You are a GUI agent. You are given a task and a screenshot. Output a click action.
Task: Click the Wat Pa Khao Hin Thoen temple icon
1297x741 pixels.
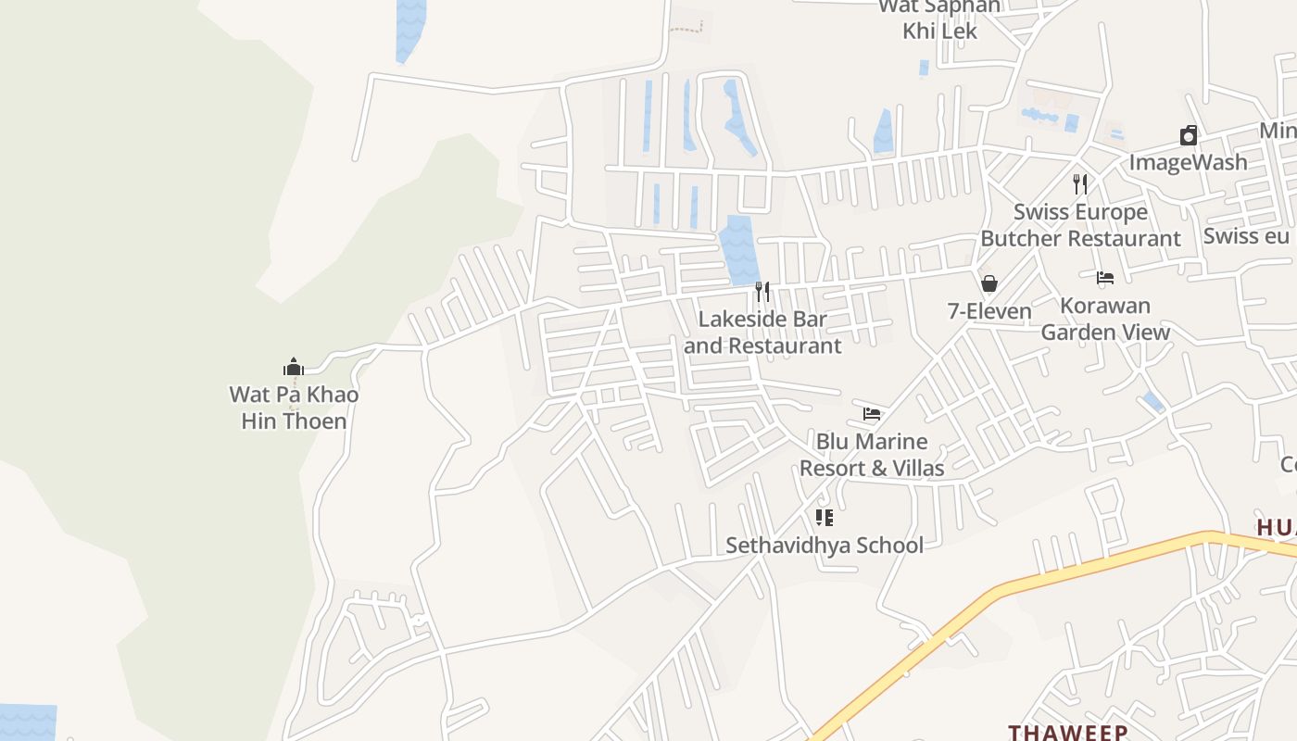tap(294, 367)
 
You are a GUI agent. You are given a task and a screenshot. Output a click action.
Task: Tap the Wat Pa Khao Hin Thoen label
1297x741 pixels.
tap(294, 408)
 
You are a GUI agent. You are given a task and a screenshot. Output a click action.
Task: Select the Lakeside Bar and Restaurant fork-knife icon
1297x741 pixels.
tap(762, 292)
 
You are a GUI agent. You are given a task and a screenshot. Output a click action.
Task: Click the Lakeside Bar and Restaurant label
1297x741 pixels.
tap(762, 333)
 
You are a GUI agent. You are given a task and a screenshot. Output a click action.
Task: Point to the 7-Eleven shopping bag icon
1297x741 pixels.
tap(989, 283)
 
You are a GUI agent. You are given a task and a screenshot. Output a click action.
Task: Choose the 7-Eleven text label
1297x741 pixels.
tap(989, 311)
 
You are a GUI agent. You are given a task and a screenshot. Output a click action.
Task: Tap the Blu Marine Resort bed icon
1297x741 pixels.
tap(872, 414)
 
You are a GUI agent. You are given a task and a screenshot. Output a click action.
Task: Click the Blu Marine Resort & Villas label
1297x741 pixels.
tap(872, 455)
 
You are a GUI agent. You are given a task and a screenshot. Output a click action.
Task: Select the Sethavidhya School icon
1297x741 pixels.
tap(825, 518)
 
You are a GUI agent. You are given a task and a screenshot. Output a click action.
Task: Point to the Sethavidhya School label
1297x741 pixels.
tap(825, 545)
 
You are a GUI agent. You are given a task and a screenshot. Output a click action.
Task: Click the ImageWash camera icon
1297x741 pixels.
tap(1189, 136)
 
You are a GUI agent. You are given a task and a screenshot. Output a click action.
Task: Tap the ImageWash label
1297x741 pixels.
tap(1189, 163)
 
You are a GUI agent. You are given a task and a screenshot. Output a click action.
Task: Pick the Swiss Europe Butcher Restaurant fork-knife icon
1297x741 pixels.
tap(1080, 183)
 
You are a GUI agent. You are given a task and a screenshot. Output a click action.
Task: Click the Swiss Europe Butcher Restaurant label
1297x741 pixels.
tap(1080, 225)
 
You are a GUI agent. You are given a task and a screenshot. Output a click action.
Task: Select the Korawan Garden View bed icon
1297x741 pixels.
tap(1105, 277)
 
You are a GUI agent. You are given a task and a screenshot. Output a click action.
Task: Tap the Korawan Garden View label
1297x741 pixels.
tap(1105, 319)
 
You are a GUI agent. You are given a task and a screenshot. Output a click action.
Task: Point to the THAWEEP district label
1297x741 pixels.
tap(1068, 732)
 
